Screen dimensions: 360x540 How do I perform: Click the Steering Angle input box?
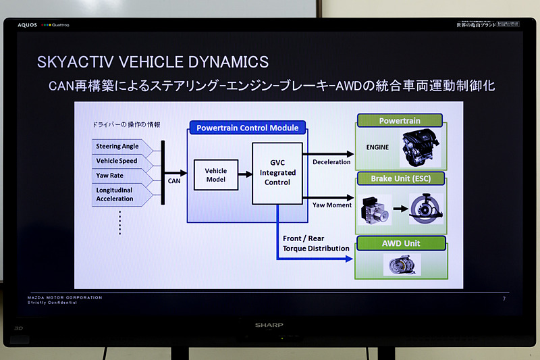(x=119, y=147)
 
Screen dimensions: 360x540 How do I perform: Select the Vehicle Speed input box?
(x=119, y=161)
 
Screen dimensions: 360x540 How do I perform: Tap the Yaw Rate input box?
(x=119, y=176)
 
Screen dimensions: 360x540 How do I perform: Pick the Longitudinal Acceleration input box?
(x=119, y=194)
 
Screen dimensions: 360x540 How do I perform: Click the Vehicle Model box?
(x=217, y=175)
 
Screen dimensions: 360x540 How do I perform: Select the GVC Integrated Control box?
(x=277, y=173)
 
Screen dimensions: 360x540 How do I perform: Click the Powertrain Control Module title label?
(x=246, y=128)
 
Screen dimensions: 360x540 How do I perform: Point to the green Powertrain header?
(x=400, y=121)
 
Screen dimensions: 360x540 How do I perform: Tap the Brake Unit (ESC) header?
(x=400, y=179)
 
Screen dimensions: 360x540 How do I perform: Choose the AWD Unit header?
(x=401, y=242)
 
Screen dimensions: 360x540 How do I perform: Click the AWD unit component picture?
(x=402, y=264)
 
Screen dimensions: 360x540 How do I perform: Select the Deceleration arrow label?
(x=331, y=162)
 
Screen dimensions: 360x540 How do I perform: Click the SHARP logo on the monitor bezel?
(x=269, y=325)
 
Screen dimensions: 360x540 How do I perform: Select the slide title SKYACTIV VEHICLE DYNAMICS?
(x=153, y=62)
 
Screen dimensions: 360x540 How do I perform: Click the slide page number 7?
(x=504, y=299)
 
